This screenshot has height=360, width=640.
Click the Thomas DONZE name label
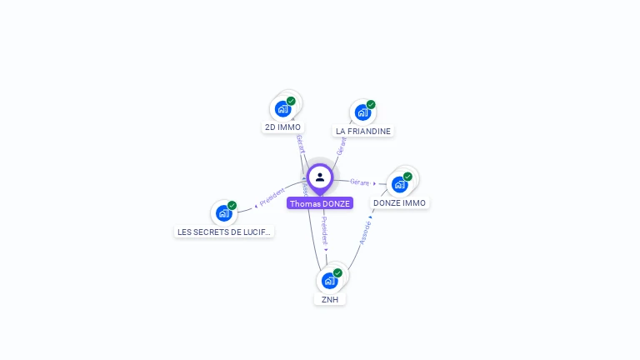[x=320, y=203]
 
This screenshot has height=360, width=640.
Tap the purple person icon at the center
[x=320, y=177]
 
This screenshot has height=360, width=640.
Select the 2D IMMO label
[x=282, y=127]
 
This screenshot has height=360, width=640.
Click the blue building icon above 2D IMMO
[x=283, y=108]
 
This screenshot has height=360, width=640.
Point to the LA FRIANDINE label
[x=362, y=131]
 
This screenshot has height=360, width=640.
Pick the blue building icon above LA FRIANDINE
[x=362, y=112]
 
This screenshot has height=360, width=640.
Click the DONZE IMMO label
[x=399, y=202]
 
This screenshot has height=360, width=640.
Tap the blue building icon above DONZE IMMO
[x=399, y=183]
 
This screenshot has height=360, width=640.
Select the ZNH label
[x=330, y=299]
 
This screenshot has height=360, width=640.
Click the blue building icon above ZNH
[x=330, y=280]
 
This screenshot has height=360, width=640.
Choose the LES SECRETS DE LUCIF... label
[x=224, y=232]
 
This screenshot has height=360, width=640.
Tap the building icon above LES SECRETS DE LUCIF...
[x=223, y=212]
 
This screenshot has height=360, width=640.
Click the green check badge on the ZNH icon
[x=337, y=272]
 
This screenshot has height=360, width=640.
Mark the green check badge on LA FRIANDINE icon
[x=371, y=104]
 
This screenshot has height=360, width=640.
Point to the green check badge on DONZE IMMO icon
[x=407, y=176]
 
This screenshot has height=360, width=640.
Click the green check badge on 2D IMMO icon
[x=291, y=101]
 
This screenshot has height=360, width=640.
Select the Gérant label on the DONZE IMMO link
[x=360, y=182]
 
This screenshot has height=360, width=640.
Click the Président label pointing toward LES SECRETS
[x=272, y=197]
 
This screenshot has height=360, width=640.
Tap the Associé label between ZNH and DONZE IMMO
[x=365, y=231]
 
